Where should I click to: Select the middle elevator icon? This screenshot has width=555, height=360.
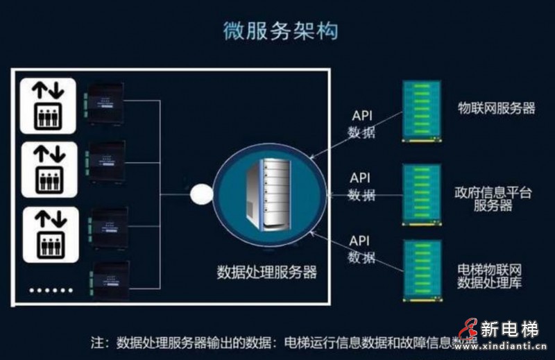click(x=48, y=169)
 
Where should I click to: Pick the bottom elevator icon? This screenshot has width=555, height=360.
click(x=48, y=234)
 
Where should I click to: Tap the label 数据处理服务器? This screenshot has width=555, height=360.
click(x=267, y=271)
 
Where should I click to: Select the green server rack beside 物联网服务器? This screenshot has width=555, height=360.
click(x=421, y=110)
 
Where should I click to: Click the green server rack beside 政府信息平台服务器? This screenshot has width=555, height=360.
click(x=421, y=194)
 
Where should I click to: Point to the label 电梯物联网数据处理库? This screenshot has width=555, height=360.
click(x=490, y=275)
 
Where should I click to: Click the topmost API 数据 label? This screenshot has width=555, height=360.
click(x=361, y=123)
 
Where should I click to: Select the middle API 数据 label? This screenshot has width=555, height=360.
click(x=361, y=187)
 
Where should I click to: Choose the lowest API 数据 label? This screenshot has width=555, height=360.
click(x=361, y=249)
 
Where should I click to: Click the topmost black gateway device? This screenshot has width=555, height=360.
click(x=105, y=102)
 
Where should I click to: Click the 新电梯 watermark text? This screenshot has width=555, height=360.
click(x=509, y=329)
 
